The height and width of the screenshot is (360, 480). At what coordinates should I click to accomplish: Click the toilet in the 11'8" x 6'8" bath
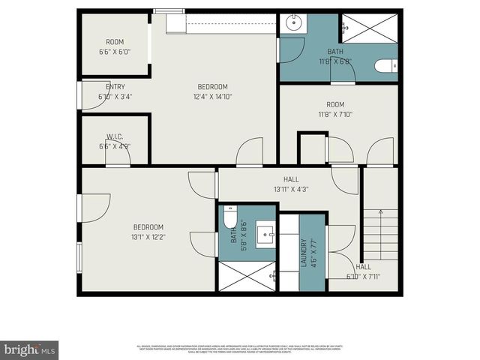point(386,67)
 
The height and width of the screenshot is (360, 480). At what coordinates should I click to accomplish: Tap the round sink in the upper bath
point(292,22)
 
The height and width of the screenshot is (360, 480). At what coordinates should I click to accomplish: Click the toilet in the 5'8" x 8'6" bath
point(230,217)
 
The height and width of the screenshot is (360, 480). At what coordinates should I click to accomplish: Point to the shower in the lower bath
point(247,277)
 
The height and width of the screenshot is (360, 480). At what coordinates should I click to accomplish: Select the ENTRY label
point(115,87)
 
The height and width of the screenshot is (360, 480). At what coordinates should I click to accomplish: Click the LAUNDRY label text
point(304,253)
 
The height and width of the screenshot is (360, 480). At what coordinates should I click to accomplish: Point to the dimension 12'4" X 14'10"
point(213,96)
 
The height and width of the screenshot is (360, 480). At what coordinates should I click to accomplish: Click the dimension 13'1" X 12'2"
point(148,237)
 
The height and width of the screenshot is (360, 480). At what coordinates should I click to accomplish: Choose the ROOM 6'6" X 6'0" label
point(115,47)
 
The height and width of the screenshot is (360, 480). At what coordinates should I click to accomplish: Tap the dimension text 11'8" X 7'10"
point(335,115)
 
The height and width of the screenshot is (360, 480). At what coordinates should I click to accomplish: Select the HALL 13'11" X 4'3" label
point(291,184)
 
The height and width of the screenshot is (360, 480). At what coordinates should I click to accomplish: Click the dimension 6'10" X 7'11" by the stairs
point(363,276)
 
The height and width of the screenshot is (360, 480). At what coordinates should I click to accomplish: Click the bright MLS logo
point(30,350)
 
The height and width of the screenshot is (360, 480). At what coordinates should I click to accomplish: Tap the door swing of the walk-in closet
point(120,153)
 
